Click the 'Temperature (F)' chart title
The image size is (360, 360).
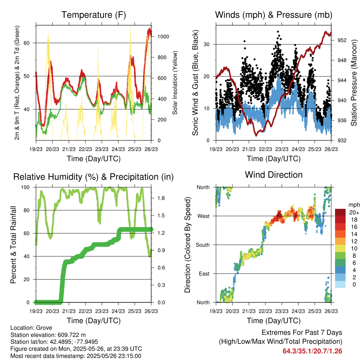click(x=94, y=15)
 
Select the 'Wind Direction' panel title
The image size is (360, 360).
click(x=274, y=175)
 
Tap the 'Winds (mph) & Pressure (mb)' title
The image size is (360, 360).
click(x=274, y=15)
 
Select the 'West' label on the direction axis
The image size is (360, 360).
click(x=203, y=216)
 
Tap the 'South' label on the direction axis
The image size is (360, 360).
click(x=202, y=245)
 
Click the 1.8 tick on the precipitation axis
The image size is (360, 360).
click(x=161, y=198)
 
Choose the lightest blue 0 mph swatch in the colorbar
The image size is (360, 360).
click(x=340, y=285)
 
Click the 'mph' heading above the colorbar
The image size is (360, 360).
click(x=353, y=205)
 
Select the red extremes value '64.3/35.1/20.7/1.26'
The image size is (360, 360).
click(x=312, y=351)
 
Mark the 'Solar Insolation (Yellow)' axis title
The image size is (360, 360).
click(x=175, y=83)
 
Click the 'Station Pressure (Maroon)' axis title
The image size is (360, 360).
click(x=354, y=83)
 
